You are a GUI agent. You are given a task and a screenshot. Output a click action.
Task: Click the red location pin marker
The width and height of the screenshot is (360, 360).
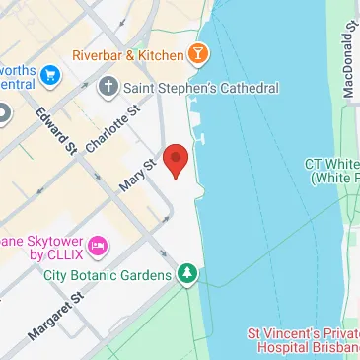(x=176, y=161)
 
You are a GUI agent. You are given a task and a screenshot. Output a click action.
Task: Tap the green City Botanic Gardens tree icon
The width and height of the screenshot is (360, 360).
(x=187, y=271)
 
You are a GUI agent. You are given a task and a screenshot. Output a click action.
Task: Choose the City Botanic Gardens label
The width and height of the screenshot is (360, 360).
(x=108, y=273)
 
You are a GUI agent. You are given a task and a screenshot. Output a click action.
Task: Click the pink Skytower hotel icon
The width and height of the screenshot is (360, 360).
(x=98, y=243)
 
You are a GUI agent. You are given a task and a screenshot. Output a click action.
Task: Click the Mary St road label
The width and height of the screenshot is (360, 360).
(x=138, y=175)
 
